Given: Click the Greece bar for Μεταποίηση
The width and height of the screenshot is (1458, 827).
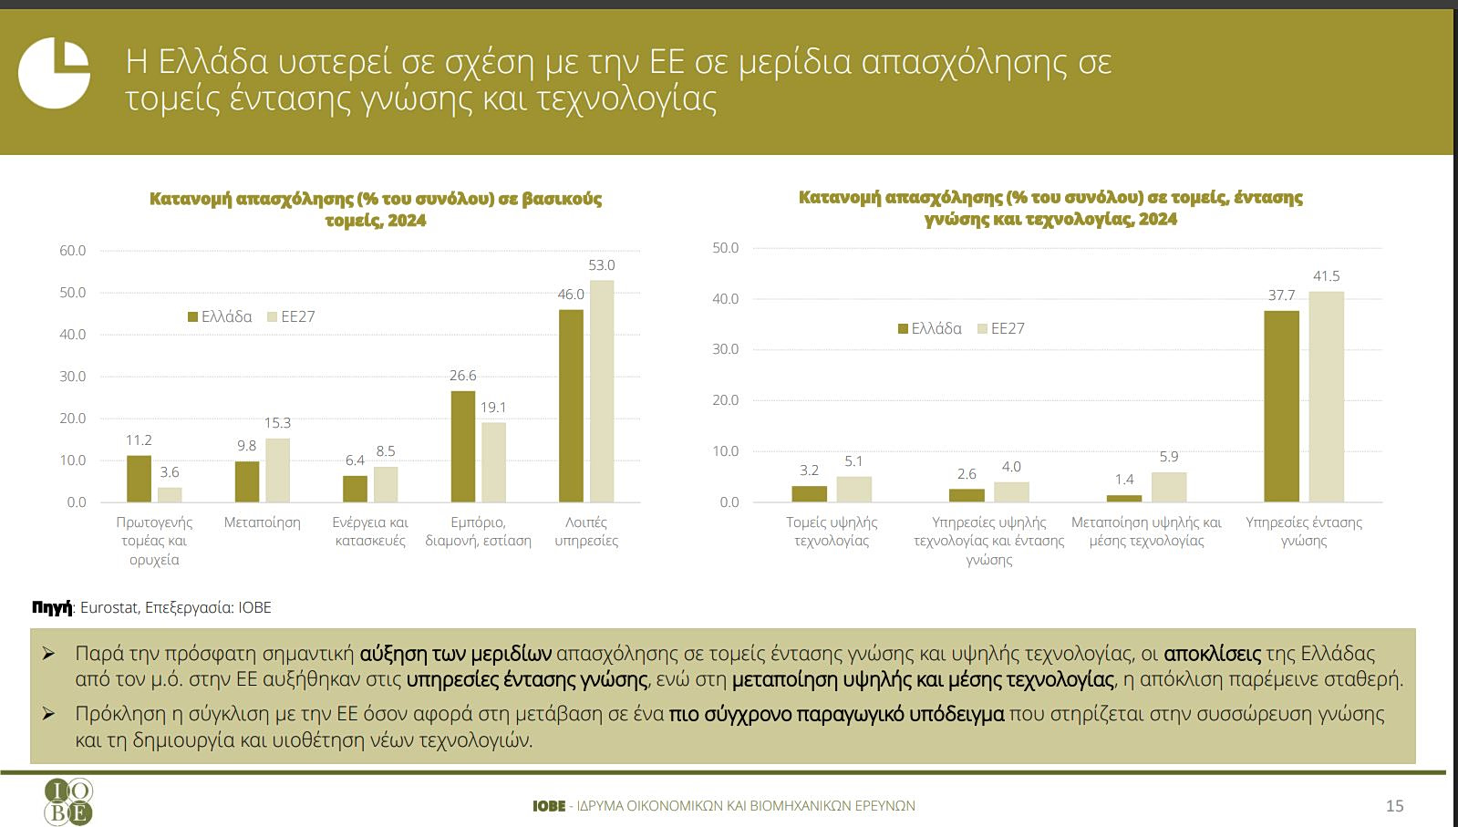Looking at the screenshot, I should click(247, 481).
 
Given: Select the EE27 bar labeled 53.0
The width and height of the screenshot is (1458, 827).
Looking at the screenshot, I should click(602, 391).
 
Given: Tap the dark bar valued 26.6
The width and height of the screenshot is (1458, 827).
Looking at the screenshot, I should click(463, 447).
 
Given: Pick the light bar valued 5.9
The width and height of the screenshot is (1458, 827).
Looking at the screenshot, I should click(1169, 487).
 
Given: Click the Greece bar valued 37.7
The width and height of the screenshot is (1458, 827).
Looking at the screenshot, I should click(1281, 407).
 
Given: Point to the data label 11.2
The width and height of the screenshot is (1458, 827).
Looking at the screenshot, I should click(139, 440).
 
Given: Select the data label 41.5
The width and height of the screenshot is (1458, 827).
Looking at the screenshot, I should click(1326, 276).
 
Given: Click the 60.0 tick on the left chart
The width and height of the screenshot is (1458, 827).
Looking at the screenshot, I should click(73, 251).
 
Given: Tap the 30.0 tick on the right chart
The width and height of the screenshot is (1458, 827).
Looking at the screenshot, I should click(726, 349).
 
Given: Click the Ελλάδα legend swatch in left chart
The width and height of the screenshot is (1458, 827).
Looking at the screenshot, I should click(193, 317).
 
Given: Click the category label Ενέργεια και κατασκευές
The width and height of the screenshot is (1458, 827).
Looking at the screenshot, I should click(370, 532).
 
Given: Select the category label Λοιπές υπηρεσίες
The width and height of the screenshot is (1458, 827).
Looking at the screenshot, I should click(586, 532).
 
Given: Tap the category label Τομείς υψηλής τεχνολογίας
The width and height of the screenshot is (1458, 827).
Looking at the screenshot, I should click(832, 532).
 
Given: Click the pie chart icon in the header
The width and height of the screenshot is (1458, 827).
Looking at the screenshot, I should click(54, 72).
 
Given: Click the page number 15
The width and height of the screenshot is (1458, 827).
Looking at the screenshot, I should click(1394, 806).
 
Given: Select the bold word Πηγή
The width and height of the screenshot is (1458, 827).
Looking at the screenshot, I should click(51, 608).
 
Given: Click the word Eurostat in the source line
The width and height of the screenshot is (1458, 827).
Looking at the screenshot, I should click(109, 608).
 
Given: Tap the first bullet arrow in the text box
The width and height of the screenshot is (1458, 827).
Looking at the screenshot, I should click(49, 654).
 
